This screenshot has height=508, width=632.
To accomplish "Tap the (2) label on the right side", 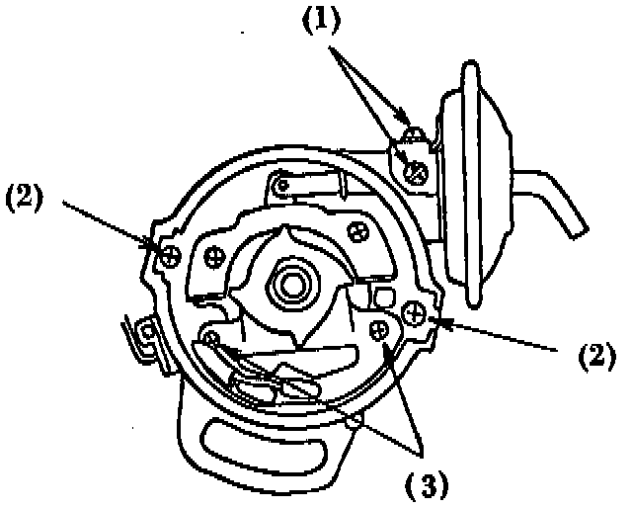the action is point(597,353).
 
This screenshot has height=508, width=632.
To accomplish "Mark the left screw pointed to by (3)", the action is point(210,339).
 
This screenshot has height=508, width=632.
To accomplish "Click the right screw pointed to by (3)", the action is point(379,330).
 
